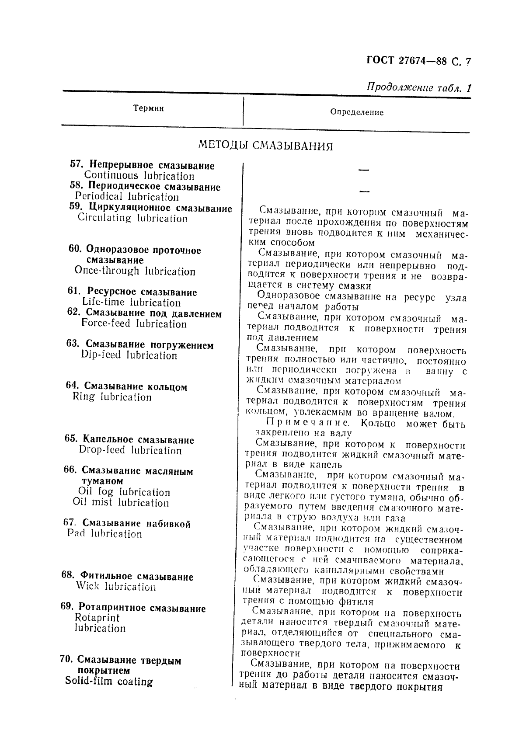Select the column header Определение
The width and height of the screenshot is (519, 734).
point(357,112)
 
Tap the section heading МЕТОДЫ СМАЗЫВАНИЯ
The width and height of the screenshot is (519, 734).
point(265,146)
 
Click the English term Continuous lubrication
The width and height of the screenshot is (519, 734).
point(139,176)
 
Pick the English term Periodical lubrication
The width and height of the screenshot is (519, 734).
point(127,197)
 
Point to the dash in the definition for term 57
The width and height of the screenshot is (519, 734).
point(363,170)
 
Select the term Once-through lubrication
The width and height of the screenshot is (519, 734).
point(135,271)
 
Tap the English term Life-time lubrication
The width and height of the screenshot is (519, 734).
point(131,303)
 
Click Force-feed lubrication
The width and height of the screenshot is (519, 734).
point(134,324)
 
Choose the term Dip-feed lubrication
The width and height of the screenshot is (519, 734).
point(129,355)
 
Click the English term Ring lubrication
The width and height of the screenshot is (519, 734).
point(112,397)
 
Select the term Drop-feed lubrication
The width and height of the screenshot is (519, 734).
point(130,450)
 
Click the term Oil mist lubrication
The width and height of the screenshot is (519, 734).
point(121,503)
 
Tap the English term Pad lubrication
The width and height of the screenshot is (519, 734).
point(104,534)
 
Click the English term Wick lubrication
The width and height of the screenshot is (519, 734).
point(115,587)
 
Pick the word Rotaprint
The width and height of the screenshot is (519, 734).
point(97,618)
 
